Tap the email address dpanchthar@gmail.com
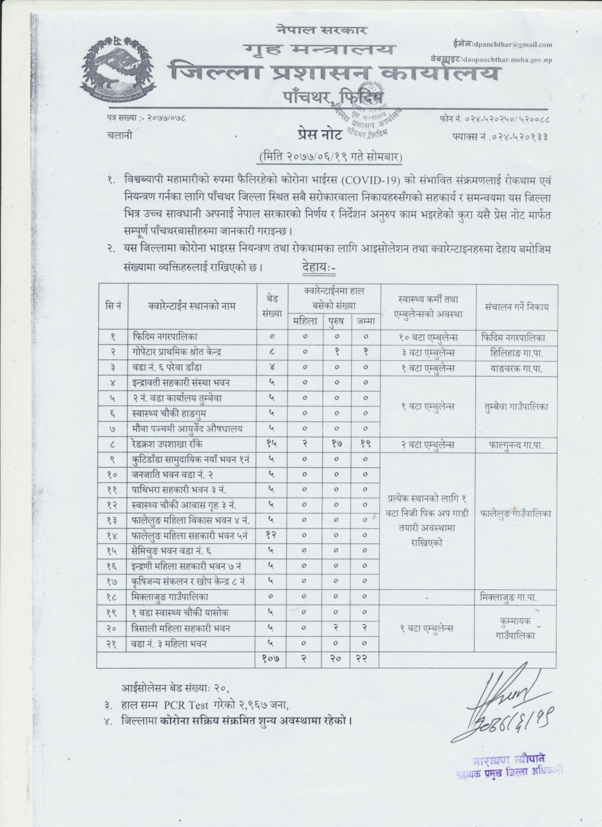513,45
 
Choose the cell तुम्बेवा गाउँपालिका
516,405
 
